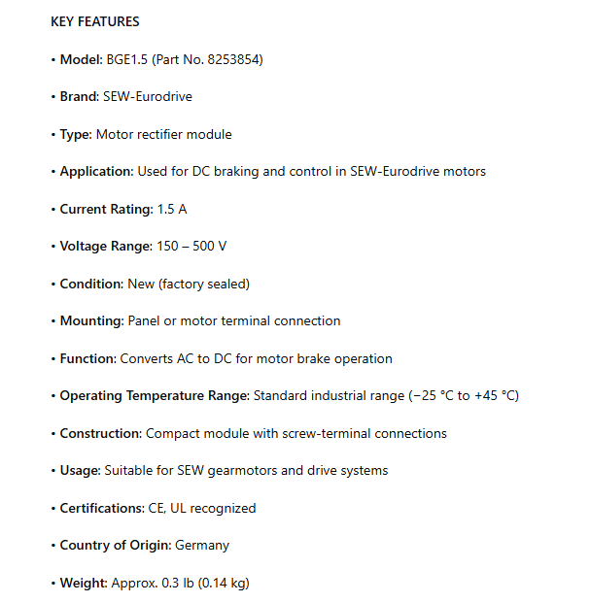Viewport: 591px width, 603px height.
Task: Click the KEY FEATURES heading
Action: (x=94, y=21)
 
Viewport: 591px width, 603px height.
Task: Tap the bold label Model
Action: (x=80, y=59)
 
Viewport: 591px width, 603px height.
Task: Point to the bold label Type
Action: (x=75, y=134)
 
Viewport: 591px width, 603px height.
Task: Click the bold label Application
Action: (x=96, y=171)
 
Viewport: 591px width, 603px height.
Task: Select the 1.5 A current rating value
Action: (x=171, y=209)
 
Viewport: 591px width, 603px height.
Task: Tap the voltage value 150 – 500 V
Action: (x=191, y=246)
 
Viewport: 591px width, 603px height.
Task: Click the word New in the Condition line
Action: (x=141, y=284)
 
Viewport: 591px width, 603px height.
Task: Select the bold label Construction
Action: (x=100, y=433)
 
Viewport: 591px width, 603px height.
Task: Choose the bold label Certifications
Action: (x=101, y=508)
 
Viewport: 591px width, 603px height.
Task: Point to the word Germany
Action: (x=202, y=545)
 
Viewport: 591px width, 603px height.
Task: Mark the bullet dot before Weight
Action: (x=53, y=583)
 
